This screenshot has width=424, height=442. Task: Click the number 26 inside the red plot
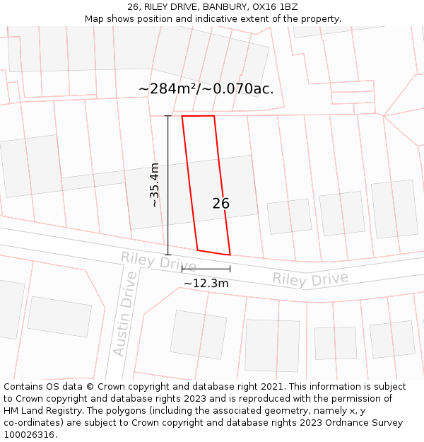[220, 204]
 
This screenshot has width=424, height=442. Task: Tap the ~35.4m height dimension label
[154, 185]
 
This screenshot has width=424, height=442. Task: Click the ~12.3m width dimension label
[206, 284]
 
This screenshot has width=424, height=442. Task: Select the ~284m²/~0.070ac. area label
[206, 89]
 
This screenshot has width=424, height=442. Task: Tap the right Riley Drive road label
[310, 279]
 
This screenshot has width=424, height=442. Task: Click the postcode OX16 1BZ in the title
[273, 7]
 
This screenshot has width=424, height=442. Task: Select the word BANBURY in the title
[220, 7]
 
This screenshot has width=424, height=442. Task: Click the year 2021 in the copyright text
[270, 387]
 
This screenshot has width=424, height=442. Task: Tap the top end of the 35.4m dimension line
[167, 116]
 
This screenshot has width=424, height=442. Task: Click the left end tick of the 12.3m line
[182, 269]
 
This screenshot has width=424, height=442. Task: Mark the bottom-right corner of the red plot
[230, 255]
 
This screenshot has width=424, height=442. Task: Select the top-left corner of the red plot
[182, 116]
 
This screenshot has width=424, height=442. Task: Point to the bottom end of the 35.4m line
[167, 255]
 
